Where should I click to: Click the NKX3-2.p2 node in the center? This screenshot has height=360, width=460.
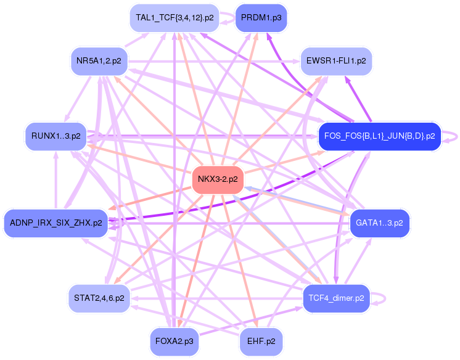pyautogui.click(x=218, y=180)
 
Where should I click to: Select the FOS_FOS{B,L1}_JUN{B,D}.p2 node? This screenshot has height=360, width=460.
pyautogui.click(x=379, y=136)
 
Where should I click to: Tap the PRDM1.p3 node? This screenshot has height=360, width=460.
pyautogui.click(x=261, y=18)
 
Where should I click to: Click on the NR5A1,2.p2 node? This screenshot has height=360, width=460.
pyautogui.click(x=99, y=60)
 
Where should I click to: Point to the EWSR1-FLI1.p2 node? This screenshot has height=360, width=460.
pyautogui.click(x=335, y=60)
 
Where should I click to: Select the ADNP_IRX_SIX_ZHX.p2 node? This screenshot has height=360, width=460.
pyautogui.click(x=55, y=223)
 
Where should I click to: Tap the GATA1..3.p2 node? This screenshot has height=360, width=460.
pyautogui.click(x=379, y=223)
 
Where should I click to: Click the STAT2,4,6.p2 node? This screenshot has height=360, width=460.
pyautogui.click(x=99, y=298)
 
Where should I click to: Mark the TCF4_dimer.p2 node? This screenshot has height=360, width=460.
pyautogui.click(x=335, y=298)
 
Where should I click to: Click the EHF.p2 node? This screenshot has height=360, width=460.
pyautogui.click(x=261, y=341)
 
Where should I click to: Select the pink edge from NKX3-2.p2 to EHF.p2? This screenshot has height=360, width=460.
pyautogui.click(x=241, y=266)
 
